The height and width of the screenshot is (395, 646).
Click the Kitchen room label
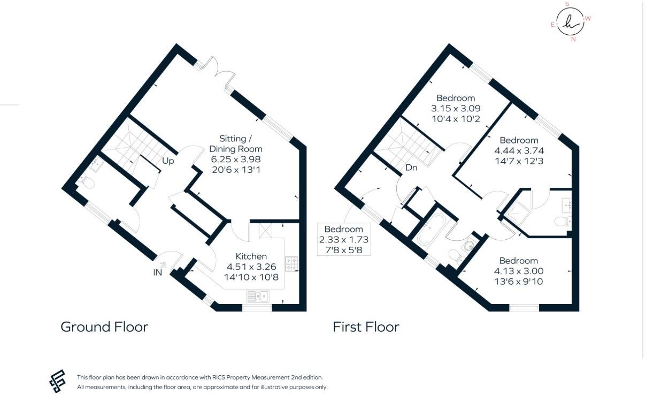[251, 256]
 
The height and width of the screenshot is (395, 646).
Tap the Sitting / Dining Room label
[235, 143]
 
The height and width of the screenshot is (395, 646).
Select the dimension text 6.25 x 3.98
[235, 159]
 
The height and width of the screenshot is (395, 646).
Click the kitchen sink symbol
[258, 295]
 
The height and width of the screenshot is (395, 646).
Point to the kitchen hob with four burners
[292, 263]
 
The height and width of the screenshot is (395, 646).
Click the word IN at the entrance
[158, 272]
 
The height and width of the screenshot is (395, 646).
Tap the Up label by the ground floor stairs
[168, 161]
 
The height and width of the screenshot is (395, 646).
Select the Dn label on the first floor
[411, 168]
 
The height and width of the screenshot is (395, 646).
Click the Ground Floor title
[104, 327]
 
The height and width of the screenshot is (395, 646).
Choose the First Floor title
[366, 327]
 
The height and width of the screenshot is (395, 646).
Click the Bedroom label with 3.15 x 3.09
[456, 98]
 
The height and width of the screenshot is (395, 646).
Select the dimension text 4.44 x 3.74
[519, 151]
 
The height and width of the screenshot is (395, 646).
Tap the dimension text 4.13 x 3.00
[519, 271]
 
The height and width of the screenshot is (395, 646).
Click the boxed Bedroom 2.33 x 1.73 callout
[344, 239]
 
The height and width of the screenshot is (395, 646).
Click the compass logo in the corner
[571, 21]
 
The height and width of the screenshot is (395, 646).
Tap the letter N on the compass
[574, 39]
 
